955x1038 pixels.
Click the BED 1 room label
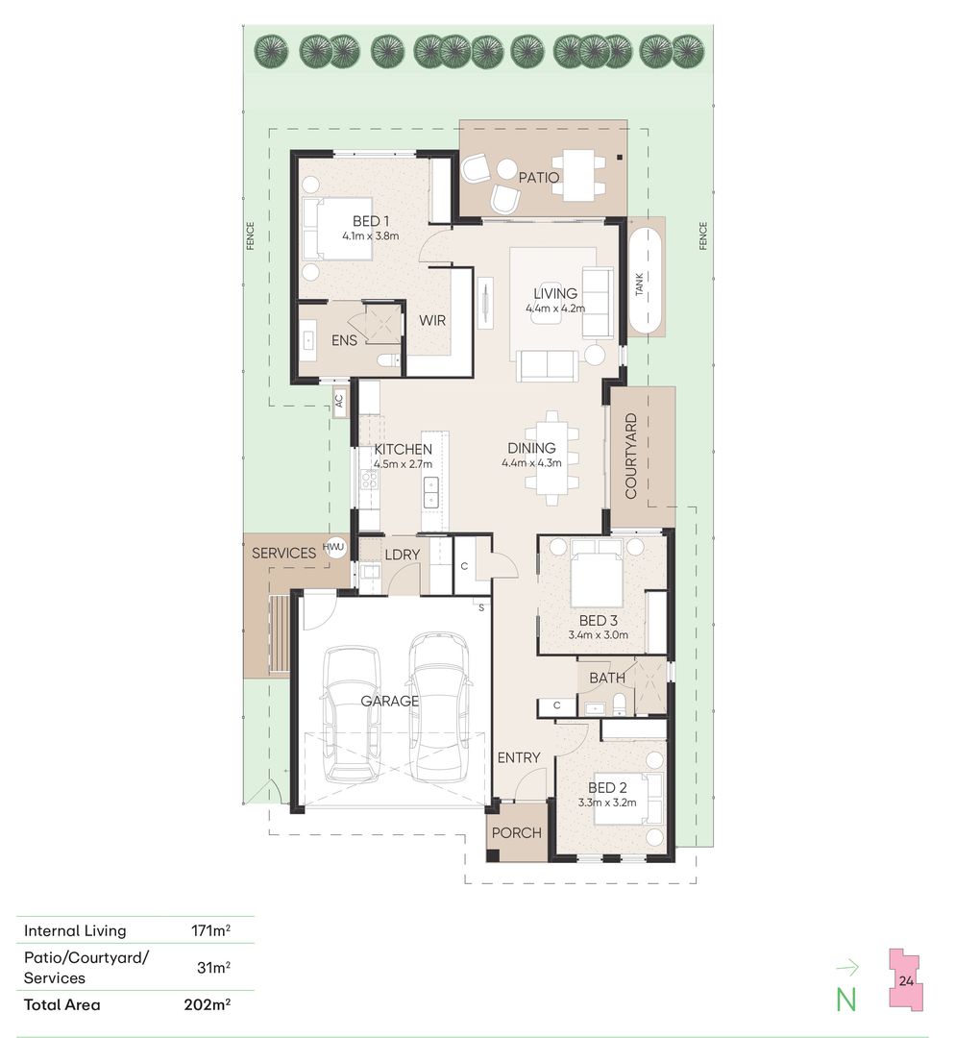pyautogui.click(x=371, y=221)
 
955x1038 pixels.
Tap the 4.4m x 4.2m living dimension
pyautogui.click(x=555, y=309)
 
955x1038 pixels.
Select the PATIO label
pyautogui.click(x=539, y=178)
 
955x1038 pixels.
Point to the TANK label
pyautogui.click(x=639, y=284)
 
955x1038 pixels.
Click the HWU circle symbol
pyautogui.click(x=334, y=548)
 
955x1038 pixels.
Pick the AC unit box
pyautogui.click(x=339, y=401)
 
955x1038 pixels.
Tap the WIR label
pyautogui.click(x=432, y=320)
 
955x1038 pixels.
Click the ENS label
pyautogui.click(x=344, y=340)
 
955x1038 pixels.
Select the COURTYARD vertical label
pyautogui.click(x=630, y=457)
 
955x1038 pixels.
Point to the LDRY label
pyautogui.click(x=403, y=555)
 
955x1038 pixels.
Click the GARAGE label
pyautogui.click(x=390, y=701)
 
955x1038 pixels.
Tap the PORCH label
pyautogui.click(x=516, y=832)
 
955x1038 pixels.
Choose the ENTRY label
pyautogui.click(x=519, y=757)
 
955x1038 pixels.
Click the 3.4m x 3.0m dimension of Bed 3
pyautogui.click(x=599, y=635)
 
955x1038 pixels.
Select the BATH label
pyautogui.click(x=607, y=678)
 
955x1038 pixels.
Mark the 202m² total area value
pyautogui.click(x=208, y=1004)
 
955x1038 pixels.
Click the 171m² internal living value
pyautogui.click(x=210, y=930)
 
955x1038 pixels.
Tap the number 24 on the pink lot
pyautogui.click(x=906, y=981)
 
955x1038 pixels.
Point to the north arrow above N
pyautogui.click(x=847, y=968)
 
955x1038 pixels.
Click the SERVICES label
pyautogui.click(x=284, y=553)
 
